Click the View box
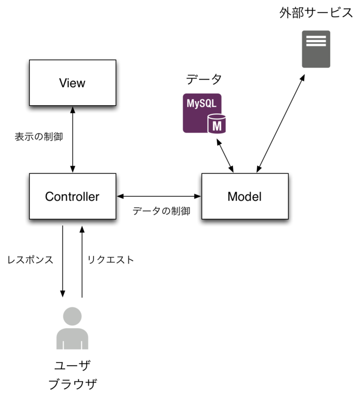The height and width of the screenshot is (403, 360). (x=73, y=83)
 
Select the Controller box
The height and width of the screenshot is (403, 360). (x=73, y=196)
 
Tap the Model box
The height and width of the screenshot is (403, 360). (x=245, y=196)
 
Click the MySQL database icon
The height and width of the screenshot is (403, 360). (x=205, y=113)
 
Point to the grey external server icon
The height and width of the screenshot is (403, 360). (x=316, y=49)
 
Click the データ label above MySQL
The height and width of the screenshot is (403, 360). (x=203, y=79)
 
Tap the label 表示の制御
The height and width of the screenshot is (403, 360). (x=39, y=137)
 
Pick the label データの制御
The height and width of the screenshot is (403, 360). (x=161, y=212)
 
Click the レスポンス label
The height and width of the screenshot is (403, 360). (x=30, y=260)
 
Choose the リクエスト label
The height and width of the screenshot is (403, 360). (x=111, y=260)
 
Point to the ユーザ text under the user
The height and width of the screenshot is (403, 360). (x=73, y=365)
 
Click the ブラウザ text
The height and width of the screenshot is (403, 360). (x=73, y=385)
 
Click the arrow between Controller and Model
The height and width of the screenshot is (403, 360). (x=159, y=195)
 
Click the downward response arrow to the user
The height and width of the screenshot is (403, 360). (x=63, y=261)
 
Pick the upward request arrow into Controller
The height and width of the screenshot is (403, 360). (x=82, y=261)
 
